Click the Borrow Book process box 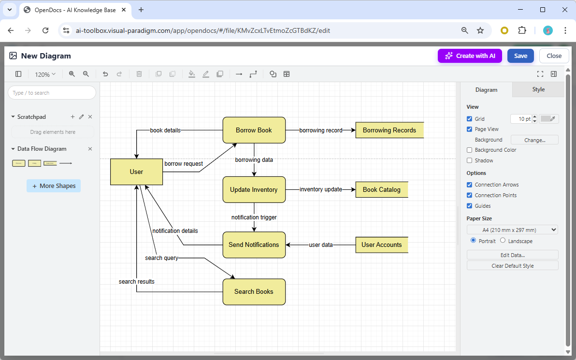click(254, 130)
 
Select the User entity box click(136, 172)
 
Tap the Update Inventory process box click(254, 189)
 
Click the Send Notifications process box click(254, 245)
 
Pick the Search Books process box click(254, 291)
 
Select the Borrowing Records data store click(389, 130)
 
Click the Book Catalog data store click(381, 189)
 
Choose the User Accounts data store click(381, 245)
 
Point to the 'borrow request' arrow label click(184, 164)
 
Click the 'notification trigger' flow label click(254, 217)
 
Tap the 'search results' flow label click(137, 281)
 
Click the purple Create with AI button click(470, 56)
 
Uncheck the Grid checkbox click(470, 119)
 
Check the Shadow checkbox click(470, 160)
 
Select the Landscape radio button click(503, 241)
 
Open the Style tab click(538, 89)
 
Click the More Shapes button click(54, 186)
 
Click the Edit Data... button click(512, 255)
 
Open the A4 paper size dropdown click(512, 230)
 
